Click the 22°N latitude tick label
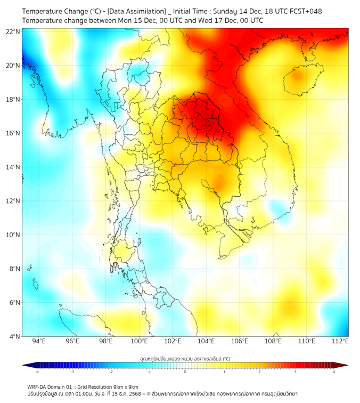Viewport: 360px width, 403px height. [13, 31]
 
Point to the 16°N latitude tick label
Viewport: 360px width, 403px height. [13, 133]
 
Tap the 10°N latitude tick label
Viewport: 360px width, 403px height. [13, 235]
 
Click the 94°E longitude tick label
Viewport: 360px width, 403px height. [39, 341]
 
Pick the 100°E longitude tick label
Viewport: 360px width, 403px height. [140, 341]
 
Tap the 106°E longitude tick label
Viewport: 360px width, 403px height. [240, 341]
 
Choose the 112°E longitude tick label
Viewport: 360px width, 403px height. [340, 341]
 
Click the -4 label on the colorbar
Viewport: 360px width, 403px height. [36, 372]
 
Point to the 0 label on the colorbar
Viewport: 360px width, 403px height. [185, 372]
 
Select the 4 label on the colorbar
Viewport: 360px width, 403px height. [334, 372]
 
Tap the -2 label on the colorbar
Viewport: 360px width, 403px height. [111, 372]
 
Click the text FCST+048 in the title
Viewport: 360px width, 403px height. [305, 11]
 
